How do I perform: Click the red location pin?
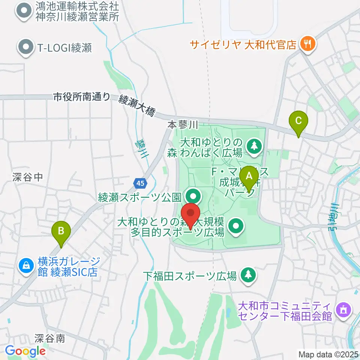point(191,215)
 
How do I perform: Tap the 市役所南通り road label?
point(82,97)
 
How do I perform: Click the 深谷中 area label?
point(28,177)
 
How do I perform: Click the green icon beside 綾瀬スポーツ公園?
point(193,196)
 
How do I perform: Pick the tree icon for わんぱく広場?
point(254,147)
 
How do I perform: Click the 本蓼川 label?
point(182,124)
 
